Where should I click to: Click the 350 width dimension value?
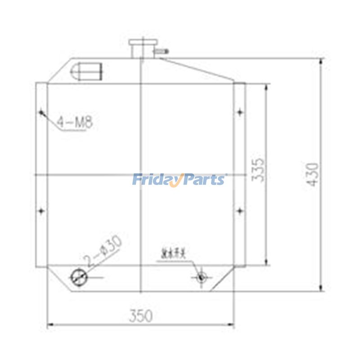[141, 316]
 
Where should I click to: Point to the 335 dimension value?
[258, 169]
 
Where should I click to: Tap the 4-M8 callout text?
[75, 121]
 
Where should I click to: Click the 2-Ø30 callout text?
[103, 252]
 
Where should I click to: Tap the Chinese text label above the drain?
[176, 254]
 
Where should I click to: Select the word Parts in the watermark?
[204, 180]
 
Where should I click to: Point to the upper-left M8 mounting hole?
[41, 112]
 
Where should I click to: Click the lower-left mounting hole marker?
[41, 210]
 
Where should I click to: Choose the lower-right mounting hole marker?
[239, 210]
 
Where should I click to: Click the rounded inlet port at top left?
[87, 70]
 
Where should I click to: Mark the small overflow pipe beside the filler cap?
[161, 53]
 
